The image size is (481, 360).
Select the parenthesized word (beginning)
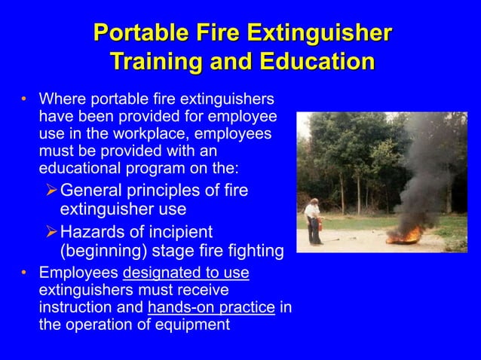pos(105,251)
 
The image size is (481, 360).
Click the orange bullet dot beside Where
pos(24,99)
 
